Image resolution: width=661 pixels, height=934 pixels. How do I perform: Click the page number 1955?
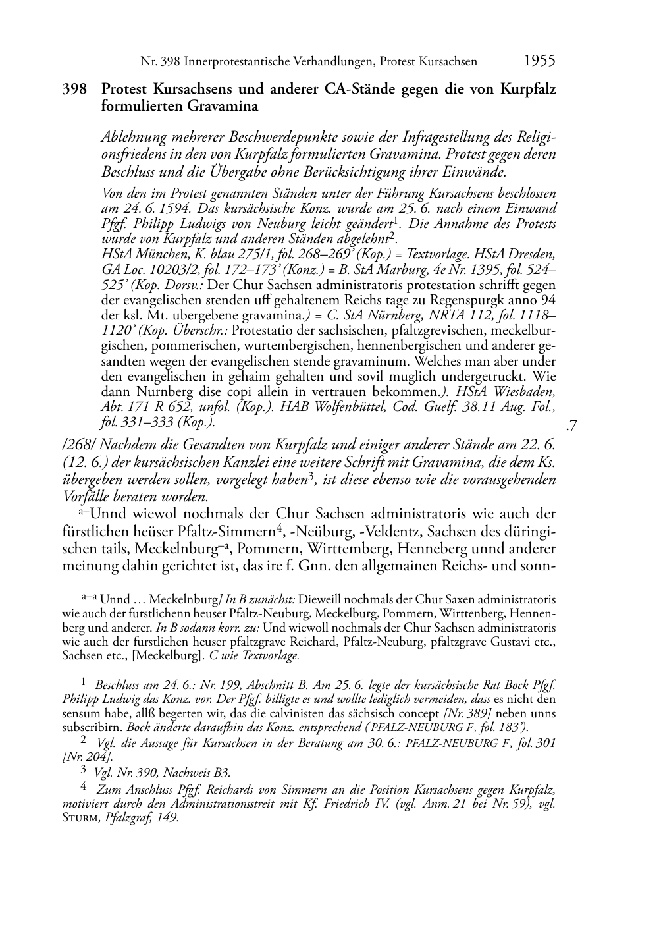(x=539, y=61)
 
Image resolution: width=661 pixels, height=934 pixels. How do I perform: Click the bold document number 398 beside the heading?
(x=74, y=89)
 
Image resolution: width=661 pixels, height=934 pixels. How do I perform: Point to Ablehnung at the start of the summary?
(x=132, y=138)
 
